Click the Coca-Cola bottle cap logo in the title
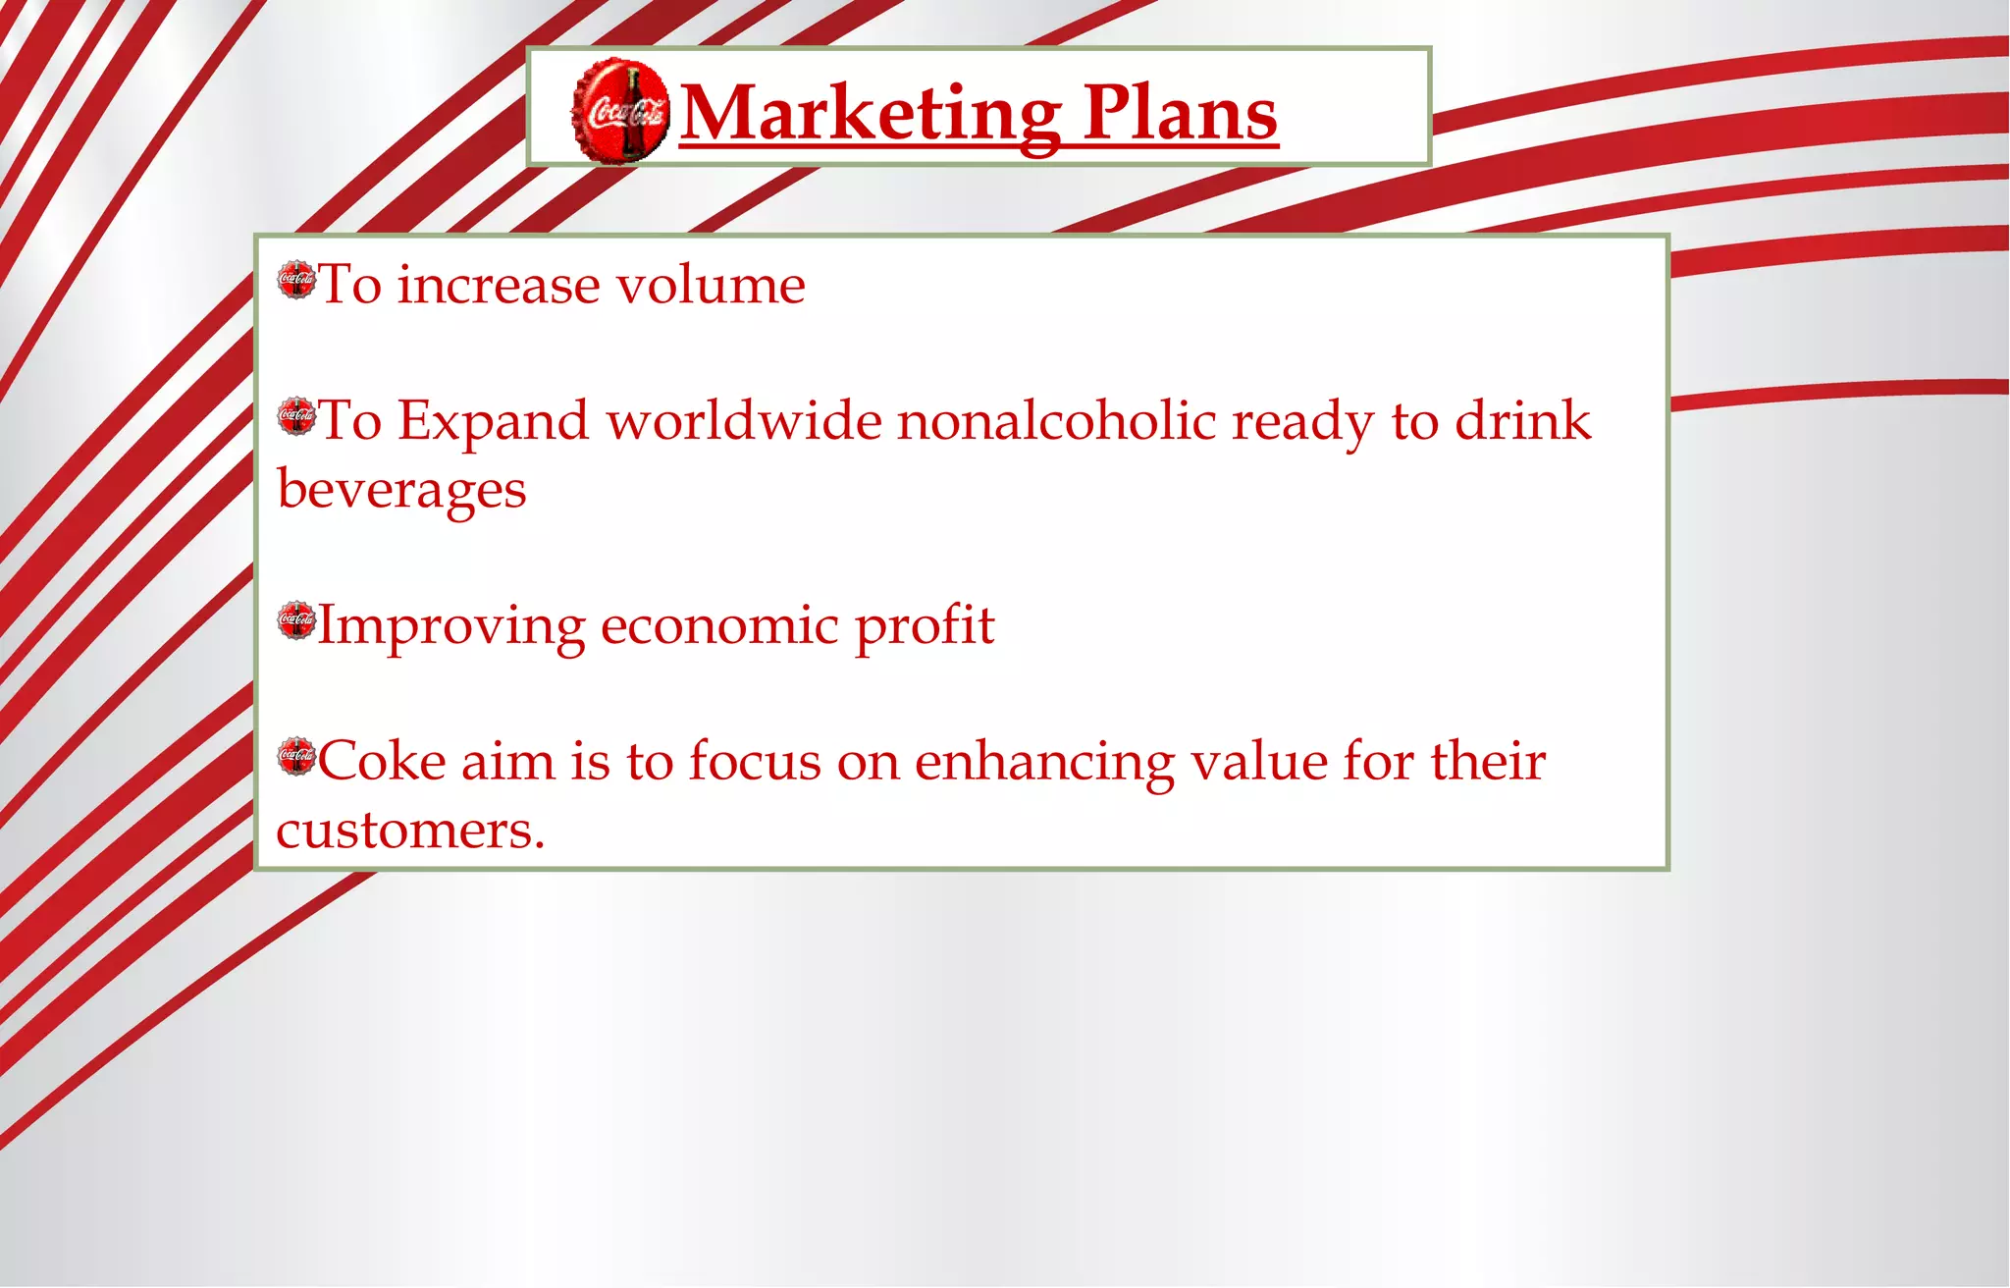click(x=620, y=110)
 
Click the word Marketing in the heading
click(x=870, y=114)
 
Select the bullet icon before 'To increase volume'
click(x=296, y=280)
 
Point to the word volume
click(x=711, y=286)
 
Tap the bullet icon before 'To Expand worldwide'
click(x=296, y=416)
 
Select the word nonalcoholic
click(x=1056, y=421)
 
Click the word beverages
click(x=401, y=490)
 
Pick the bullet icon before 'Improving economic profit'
click(x=296, y=620)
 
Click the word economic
click(x=719, y=625)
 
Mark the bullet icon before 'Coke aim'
click(x=296, y=756)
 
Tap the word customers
click(x=409, y=831)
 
